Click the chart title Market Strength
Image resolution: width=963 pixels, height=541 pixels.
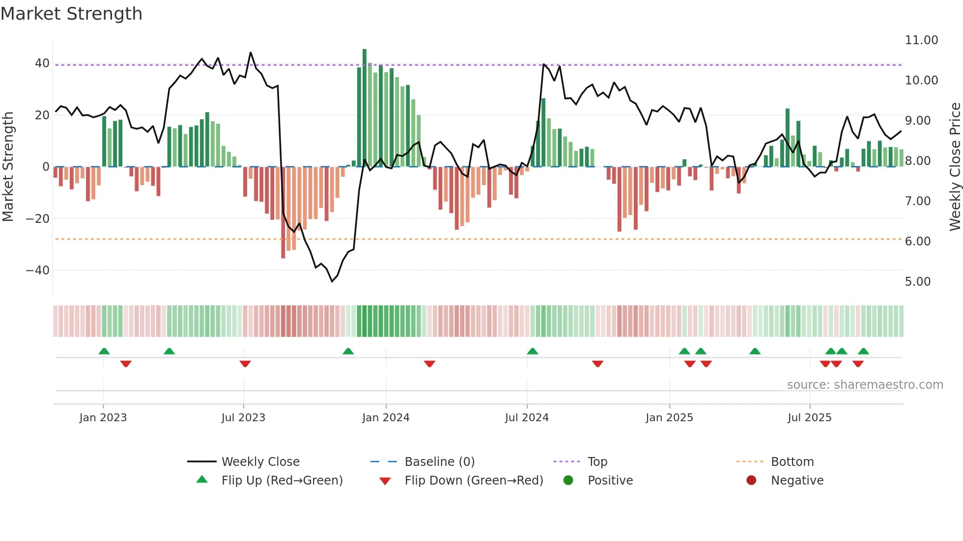point(71,14)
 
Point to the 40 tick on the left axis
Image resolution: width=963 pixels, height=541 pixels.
point(42,63)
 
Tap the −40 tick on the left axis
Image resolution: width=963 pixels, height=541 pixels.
point(38,270)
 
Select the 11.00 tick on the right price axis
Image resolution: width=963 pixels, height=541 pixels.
point(921,40)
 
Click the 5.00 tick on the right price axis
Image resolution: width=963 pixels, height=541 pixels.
point(917,282)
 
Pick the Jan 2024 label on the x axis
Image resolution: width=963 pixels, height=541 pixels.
point(386,418)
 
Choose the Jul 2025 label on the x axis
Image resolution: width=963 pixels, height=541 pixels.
point(809,418)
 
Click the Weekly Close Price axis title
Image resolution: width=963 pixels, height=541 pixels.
point(955,167)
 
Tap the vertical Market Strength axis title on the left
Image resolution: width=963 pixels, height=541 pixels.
point(8,167)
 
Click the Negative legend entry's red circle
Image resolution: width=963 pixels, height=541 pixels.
point(751,481)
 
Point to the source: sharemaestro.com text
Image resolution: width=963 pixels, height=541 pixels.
point(865,385)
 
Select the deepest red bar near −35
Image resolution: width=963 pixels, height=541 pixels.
point(283,216)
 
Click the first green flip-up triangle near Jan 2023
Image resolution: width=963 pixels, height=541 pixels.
point(104,352)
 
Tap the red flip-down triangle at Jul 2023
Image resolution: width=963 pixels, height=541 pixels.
point(245,364)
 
